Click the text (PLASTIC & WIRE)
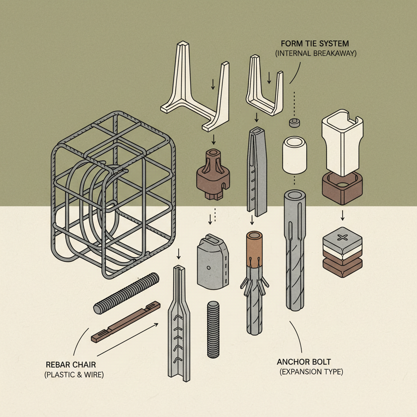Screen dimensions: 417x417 pyautogui.click(x=74, y=375)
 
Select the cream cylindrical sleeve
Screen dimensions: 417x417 pyautogui.click(x=294, y=155)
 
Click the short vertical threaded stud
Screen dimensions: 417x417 pyautogui.click(x=213, y=329)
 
